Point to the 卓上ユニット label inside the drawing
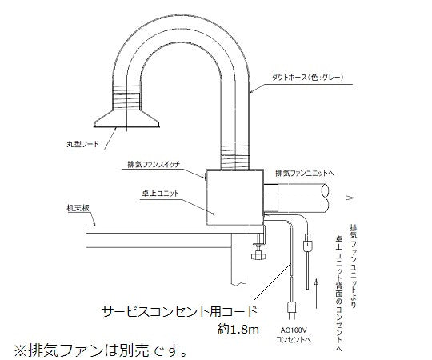[158, 193]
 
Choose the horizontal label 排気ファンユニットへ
[303, 171]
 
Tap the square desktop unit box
[233, 197]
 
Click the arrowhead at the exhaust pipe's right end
[350, 197]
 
